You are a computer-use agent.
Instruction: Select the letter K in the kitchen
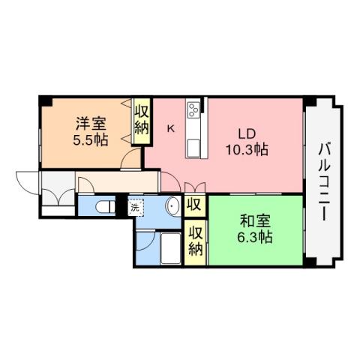click(x=170, y=128)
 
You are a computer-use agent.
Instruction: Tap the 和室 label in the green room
click(x=256, y=223)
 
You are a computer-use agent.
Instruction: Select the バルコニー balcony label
click(x=323, y=180)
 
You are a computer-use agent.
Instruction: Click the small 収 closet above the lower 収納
click(x=195, y=204)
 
